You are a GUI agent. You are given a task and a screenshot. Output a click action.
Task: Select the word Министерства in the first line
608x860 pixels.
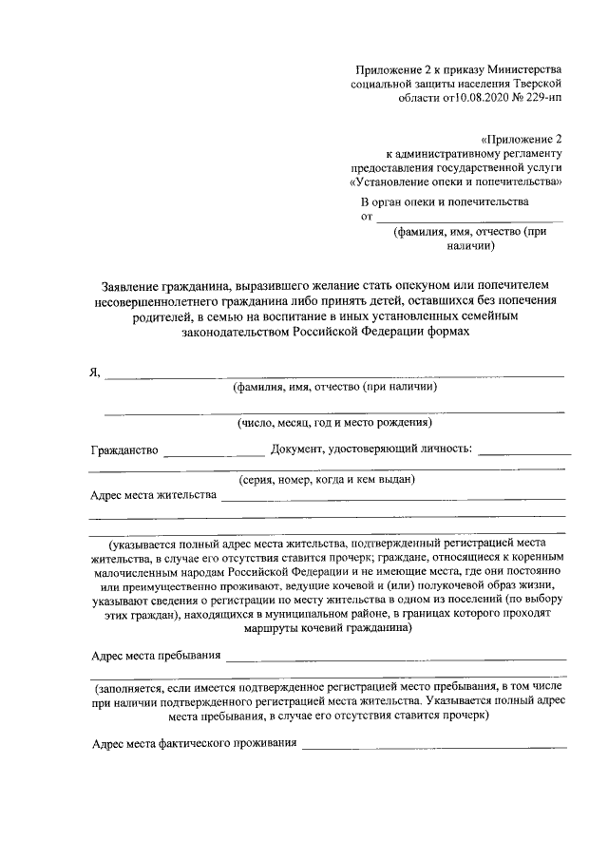[x=527, y=69]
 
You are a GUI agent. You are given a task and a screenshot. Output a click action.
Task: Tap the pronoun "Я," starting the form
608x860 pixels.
[x=94, y=372]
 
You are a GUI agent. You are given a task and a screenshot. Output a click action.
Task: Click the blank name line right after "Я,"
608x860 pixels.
[x=332, y=374]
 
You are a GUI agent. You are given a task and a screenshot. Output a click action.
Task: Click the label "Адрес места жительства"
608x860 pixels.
[x=154, y=495]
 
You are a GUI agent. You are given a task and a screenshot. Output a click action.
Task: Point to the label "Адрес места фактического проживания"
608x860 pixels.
[x=193, y=742]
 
